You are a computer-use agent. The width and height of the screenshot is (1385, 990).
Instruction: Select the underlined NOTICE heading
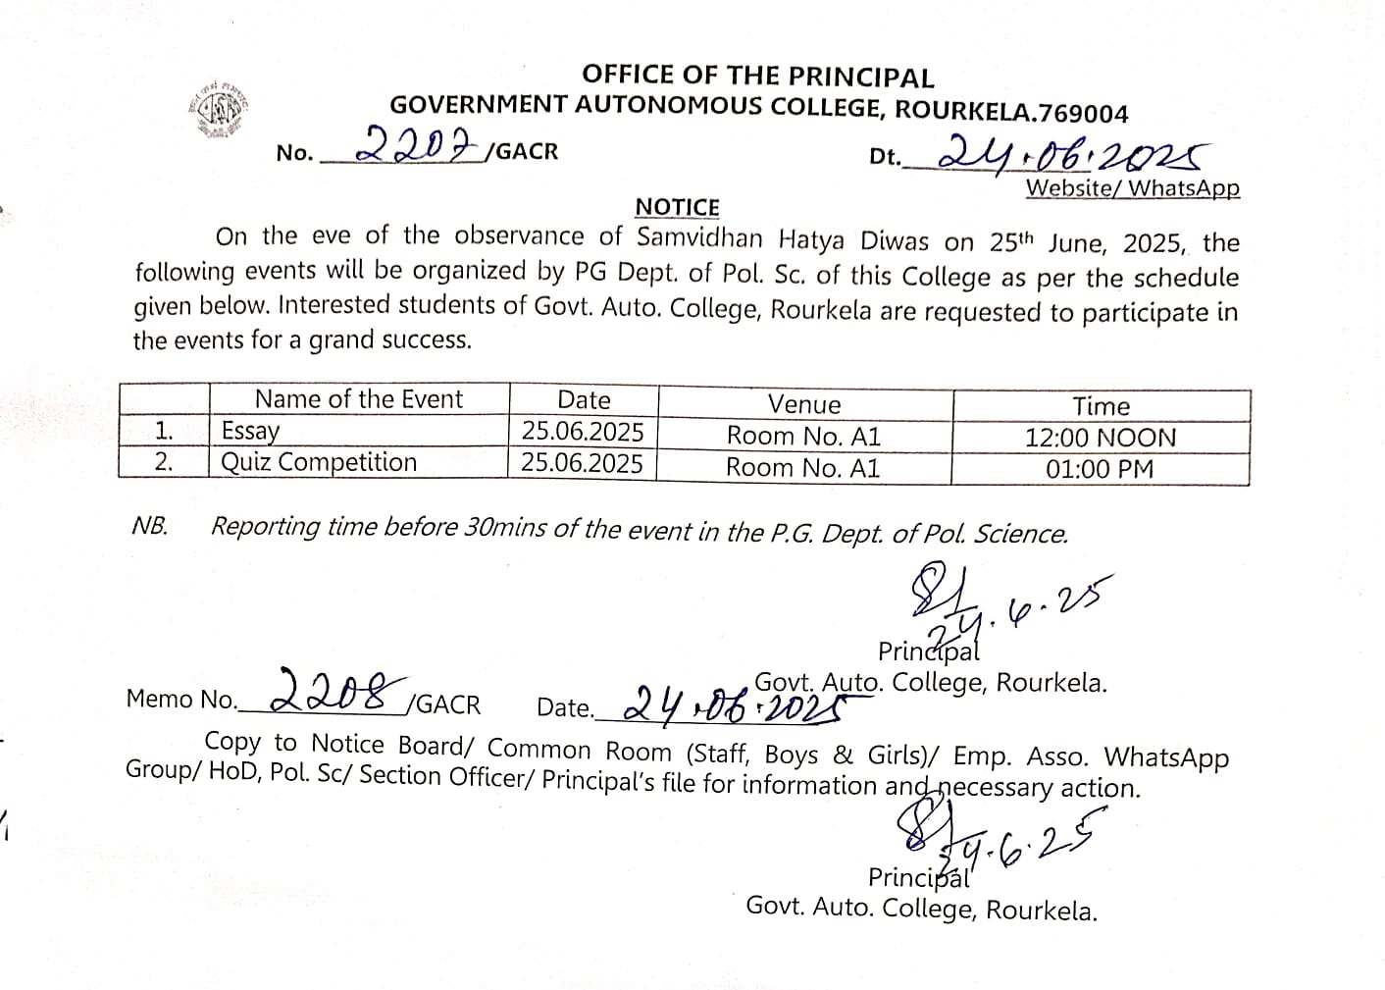click(x=677, y=207)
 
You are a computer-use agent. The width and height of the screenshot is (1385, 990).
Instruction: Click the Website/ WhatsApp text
click(x=1133, y=188)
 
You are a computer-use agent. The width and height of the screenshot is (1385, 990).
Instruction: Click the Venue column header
click(x=804, y=404)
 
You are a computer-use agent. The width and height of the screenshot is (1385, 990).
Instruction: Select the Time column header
click(x=1101, y=406)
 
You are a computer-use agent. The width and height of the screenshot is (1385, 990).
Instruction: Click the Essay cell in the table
click(x=251, y=431)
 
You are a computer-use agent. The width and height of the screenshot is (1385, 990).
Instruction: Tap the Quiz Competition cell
click(x=320, y=462)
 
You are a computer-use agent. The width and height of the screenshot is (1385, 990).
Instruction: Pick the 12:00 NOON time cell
click(x=1101, y=438)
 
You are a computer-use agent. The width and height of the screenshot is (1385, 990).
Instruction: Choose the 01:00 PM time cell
click(x=1100, y=469)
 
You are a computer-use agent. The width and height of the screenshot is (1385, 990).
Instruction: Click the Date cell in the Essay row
click(x=583, y=432)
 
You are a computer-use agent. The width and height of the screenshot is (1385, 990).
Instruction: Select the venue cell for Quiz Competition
click(x=803, y=467)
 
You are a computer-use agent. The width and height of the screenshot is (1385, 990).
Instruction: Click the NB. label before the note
click(x=150, y=526)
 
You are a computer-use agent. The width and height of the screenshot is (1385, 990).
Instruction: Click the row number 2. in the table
click(x=164, y=462)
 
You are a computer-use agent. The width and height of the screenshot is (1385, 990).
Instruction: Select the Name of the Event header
click(x=358, y=399)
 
